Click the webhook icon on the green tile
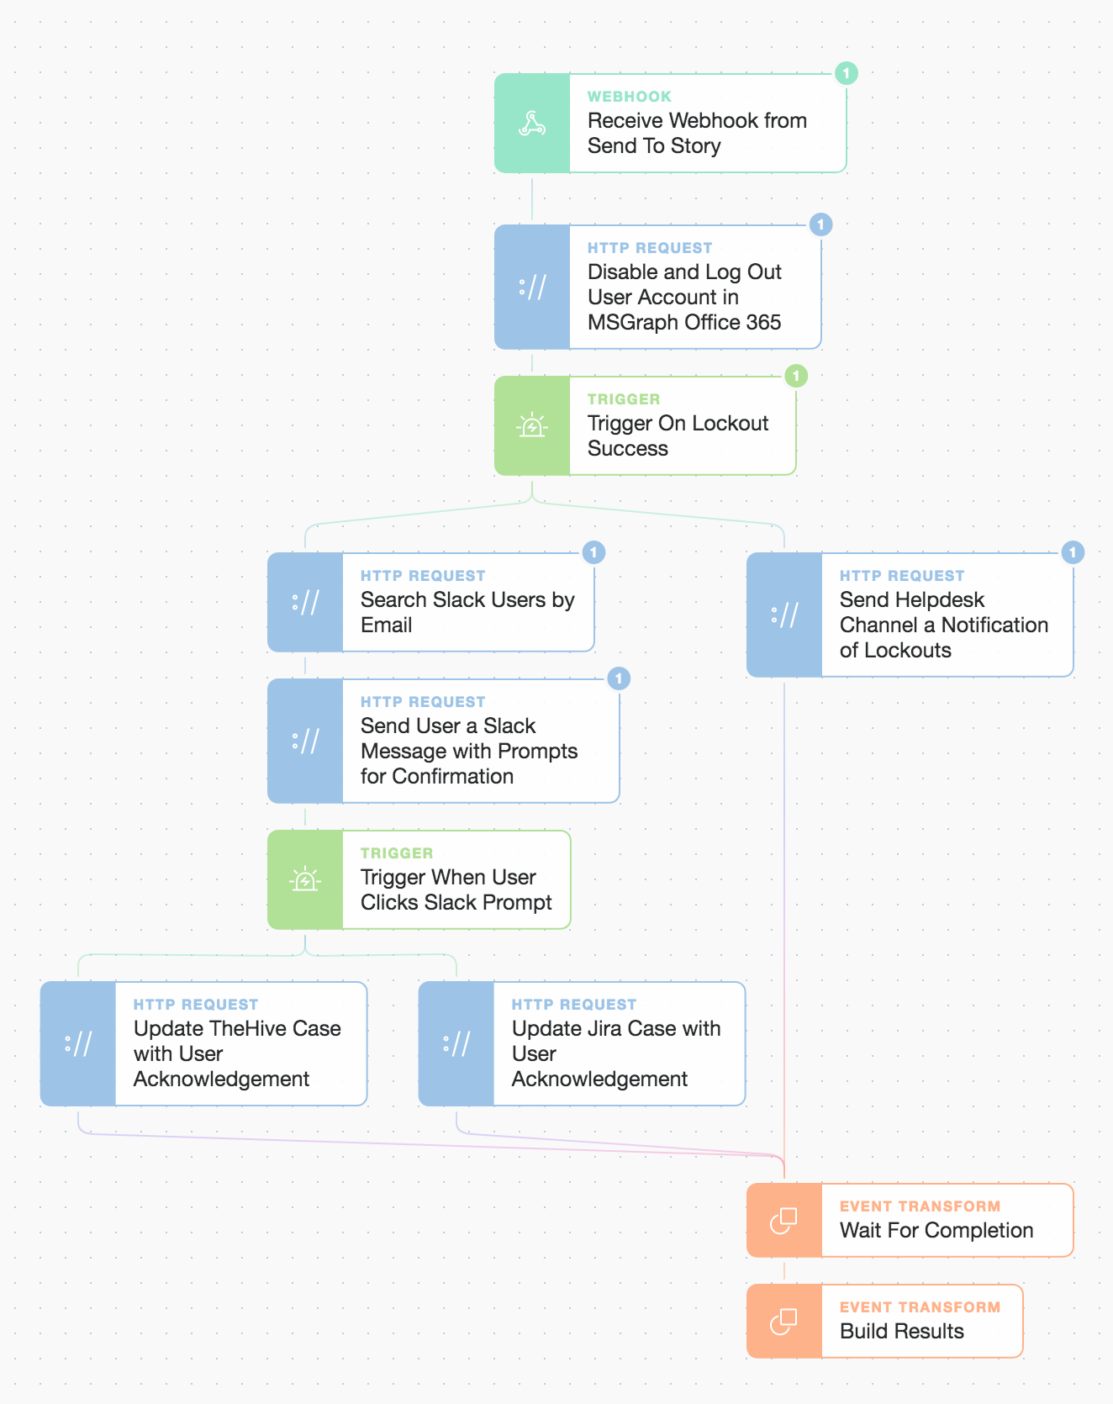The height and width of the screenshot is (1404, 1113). point(531,124)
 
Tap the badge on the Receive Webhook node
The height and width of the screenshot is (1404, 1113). point(846,73)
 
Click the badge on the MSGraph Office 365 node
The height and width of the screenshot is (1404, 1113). point(820,224)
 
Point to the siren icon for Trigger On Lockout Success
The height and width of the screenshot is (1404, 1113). point(531,426)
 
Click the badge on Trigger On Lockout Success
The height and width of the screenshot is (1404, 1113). point(795,376)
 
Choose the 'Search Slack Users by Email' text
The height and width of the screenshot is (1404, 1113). point(467,612)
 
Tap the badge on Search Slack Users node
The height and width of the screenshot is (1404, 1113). point(593,552)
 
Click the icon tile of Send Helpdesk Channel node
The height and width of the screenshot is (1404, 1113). point(784,615)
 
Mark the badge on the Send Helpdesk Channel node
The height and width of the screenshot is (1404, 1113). point(1073,552)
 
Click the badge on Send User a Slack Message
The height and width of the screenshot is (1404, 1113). point(619,678)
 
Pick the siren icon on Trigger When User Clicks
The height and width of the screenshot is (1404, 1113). point(304,880)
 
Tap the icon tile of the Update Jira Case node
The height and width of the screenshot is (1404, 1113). point(456,1043)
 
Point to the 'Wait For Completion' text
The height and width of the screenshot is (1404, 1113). point(936,1230)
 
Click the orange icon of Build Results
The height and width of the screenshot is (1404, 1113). point(783,1321)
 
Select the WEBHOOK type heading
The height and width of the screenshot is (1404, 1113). point(630,97)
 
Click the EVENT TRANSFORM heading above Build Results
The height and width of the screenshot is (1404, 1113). point(920,1307)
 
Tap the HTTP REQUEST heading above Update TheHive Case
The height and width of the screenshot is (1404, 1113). point(196,1005)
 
